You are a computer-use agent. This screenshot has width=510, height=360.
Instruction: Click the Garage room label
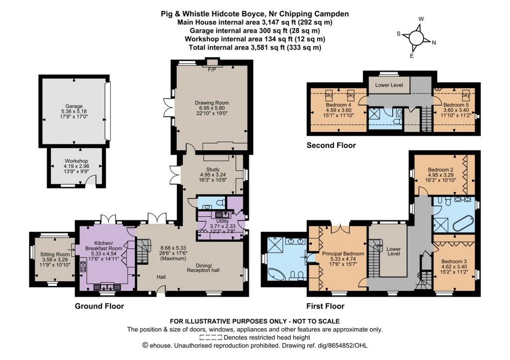tap(74, 106)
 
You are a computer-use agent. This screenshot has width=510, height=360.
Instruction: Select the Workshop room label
tap(76, 161)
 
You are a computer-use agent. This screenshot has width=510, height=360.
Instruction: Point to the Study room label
tap(213, 169)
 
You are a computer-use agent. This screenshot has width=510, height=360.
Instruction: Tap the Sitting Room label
tap(55, 254)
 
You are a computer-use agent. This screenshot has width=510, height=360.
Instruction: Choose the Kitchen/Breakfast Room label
tap(104, 245)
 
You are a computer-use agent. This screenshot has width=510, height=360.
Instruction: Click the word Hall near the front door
tap(161, 277)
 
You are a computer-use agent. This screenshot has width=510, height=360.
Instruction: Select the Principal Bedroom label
tap(343, 253)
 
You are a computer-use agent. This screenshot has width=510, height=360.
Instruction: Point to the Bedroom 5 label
tap(456, 105)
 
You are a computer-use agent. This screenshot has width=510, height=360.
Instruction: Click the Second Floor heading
tap(331, 145)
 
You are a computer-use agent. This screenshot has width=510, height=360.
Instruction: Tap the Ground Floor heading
tap(99, 306)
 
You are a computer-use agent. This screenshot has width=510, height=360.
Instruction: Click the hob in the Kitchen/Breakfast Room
tap(83, 267)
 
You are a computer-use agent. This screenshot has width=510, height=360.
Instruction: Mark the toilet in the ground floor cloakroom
tap(221, 203)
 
